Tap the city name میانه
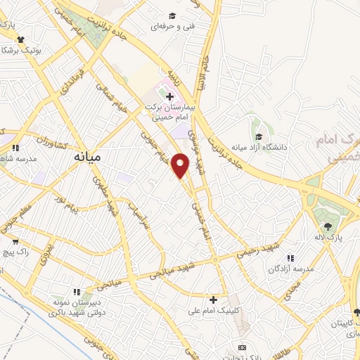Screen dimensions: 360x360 (87, 158)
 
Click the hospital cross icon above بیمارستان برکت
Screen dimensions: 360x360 (169, 96)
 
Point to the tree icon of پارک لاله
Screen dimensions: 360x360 (328, 226)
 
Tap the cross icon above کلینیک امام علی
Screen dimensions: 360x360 (213, 300)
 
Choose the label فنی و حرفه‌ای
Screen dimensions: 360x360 (172, 27)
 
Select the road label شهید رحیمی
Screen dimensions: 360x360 (261, 252)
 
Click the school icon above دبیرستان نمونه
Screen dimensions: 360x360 (78, 290)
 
